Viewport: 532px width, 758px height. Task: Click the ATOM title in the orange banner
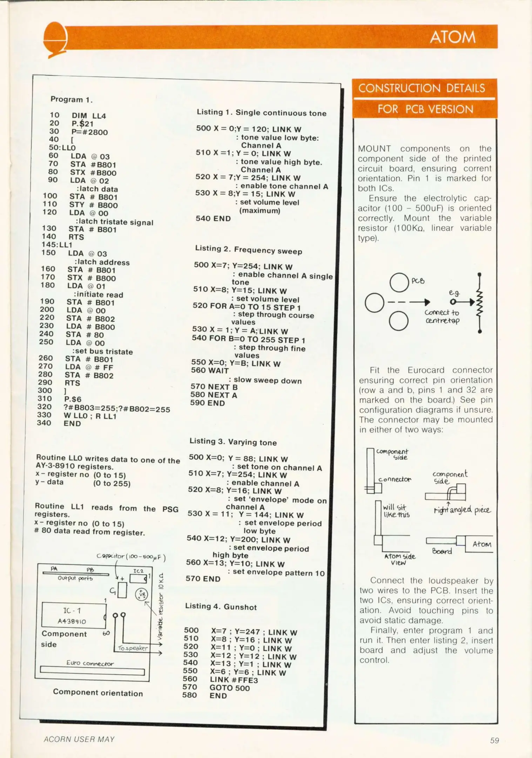click(x=452, y=37)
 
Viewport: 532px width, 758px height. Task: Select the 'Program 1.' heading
click(x=72, y=99)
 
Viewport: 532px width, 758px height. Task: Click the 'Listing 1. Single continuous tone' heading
click(x=261, y=113)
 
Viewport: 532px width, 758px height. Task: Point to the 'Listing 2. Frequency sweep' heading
click(x=248, y=250)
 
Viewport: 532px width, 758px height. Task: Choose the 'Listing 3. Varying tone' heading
click(x=233, y=442)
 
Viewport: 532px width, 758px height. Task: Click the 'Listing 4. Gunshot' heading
click(x=221, y=607)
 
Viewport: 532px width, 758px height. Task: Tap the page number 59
click(x=494, y=740)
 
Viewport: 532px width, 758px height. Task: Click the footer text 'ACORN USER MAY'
click(x=79, y=739)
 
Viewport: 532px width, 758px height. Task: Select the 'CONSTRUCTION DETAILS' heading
click(x=422, y=88)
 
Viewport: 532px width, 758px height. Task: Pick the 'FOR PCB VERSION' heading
click(x=425, y=109)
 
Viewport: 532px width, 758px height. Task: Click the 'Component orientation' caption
click(x=98, y=693)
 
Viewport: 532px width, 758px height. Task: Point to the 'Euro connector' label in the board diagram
click(x=90, y=663)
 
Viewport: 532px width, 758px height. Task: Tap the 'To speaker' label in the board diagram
click(x=133, y=648)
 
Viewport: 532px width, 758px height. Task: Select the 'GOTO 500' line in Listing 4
click(x=229, y=688)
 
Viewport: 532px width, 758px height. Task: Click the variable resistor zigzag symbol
click(x=479, y=302)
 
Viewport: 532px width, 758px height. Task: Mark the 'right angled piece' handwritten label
click(x=462, y=510)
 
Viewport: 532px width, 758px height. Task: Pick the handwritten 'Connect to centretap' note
click(x=442, y=316)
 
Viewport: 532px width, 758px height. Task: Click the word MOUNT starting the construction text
click(x=374, y=149)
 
